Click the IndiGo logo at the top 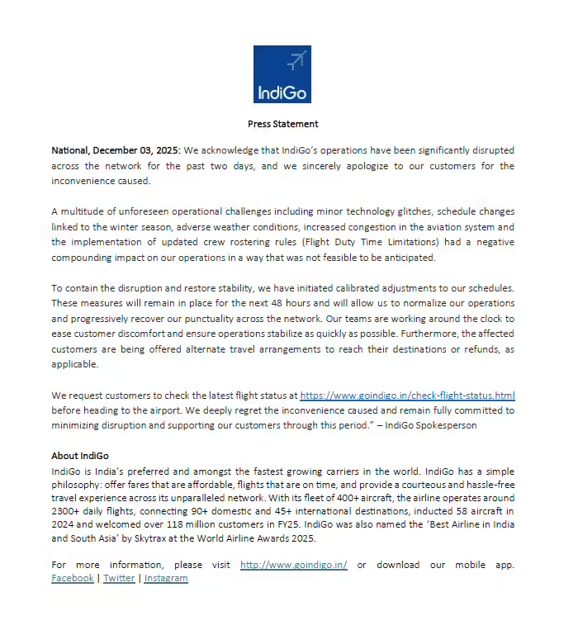[x=282, y=74]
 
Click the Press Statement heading [x=283, y=124]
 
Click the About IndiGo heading [x=80, y=456]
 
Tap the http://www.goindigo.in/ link [x=293, y=565]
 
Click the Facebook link [x=72, y=578]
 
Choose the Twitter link [x=119, y=578]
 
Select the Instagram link [x=166, y=578]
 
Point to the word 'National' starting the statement [x=69, y=151]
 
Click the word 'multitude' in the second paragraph [x=83, y=212]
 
